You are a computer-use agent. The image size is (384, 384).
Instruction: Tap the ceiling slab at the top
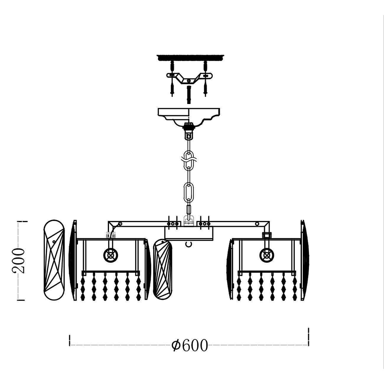click(190, 58)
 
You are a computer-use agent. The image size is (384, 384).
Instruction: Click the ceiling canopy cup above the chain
click(189, 117)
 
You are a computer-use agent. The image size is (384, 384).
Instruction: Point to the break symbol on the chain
click(189, 159)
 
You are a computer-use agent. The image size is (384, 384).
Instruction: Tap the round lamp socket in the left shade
click(110, 255)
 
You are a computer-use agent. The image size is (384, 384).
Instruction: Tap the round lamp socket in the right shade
click(267, 255)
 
